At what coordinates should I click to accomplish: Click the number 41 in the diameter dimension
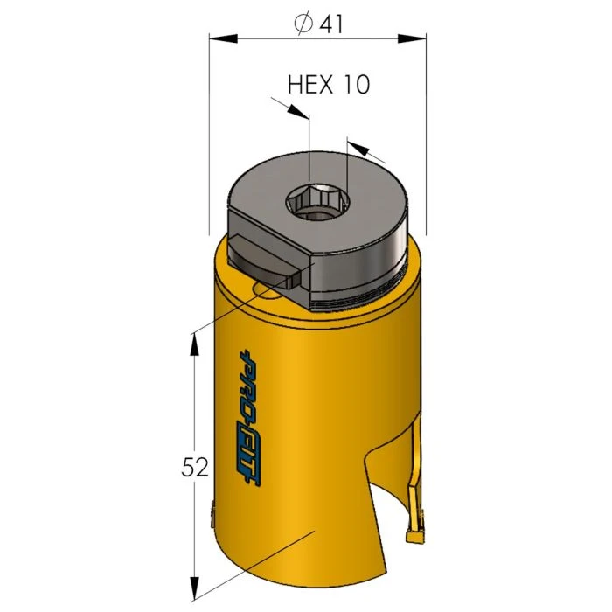coord(330,24)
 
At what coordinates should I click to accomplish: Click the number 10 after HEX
coord(356,84)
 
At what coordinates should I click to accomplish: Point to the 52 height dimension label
coord(196,468)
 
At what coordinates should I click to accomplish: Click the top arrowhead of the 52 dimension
coord(193,344)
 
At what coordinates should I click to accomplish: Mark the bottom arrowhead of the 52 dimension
coord(193,585)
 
